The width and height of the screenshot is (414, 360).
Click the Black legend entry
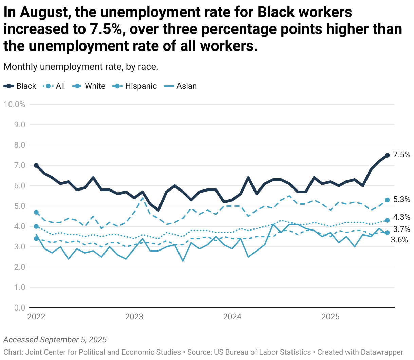tap(20, 86)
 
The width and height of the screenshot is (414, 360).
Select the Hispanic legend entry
tap(134, 86)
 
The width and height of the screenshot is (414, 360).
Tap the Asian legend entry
tap(180, 86)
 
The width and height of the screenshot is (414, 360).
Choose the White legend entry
tap(89, 86)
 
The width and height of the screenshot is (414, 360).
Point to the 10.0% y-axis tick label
tap(15, 104)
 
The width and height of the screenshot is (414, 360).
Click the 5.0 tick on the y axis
tap(20, 206)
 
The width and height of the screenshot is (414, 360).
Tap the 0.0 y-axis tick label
tap(20, 308)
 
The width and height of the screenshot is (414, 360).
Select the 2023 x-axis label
tap(134, 317)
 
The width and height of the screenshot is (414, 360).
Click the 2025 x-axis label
tap(331, 317)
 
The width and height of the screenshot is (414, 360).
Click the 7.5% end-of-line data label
tap(402, 155)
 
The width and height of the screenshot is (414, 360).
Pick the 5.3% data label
tap(402, 200)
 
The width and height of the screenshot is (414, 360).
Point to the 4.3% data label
tap(402, 217)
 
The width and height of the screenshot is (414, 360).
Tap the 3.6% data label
tap(399, 240)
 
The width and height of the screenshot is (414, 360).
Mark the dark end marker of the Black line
tap(387, 155)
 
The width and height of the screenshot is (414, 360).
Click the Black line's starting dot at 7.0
tap(36, 165)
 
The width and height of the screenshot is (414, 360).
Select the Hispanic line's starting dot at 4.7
tap(36, 212)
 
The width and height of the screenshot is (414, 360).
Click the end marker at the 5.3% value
tap(387, 200)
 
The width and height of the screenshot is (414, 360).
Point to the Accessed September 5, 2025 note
tap(55, 340)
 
